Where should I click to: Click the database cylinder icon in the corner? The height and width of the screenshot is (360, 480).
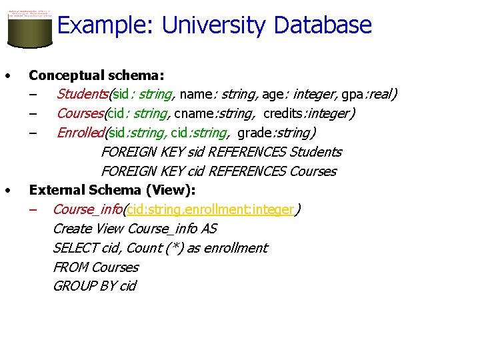(29, 29)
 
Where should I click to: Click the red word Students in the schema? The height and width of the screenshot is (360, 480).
(83, 94)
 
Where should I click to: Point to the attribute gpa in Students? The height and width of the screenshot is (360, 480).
(351, 94)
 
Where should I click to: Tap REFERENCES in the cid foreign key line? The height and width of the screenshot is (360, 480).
(247, 171)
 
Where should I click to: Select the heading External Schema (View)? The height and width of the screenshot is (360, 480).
(112, 190)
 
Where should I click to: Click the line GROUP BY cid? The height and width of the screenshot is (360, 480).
(94, 286)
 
